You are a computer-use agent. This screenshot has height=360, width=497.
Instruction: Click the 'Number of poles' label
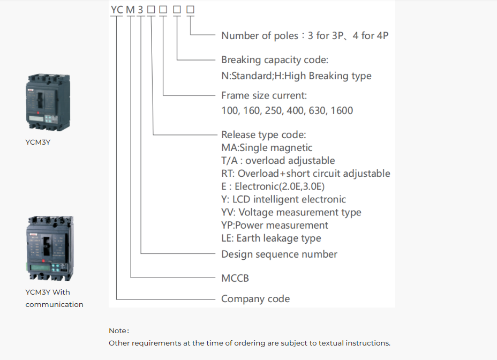click(x=260, y=36)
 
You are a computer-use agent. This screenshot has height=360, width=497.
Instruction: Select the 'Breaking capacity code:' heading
click(x=275, y=60)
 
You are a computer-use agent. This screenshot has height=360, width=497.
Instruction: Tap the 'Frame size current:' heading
click(x=263, y=95)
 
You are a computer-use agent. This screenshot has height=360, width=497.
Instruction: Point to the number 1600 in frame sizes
click(x=342, y=111)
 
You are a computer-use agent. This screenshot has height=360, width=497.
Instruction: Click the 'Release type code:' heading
click(x=263, y=135)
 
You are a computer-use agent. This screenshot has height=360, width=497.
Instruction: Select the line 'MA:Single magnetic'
click(x=267, y=148)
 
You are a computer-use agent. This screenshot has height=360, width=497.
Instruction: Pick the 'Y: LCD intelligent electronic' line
click(x=283, y=199)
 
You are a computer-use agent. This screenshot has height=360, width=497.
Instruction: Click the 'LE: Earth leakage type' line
click(x=271, y=238)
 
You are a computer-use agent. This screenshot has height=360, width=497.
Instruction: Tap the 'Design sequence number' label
click(x=279, y=254)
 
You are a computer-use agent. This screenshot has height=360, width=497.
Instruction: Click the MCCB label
click(x=235, y=278)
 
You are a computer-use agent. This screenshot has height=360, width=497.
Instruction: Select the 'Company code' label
click(x=255, y=299)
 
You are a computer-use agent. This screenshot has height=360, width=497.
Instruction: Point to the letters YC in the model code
click(x=117, y=10)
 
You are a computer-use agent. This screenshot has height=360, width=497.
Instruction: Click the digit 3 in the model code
click(x=140, y=10)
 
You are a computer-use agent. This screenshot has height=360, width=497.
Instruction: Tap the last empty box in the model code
click(x=190, y=10)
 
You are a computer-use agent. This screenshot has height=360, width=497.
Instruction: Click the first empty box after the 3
click(x=151, y=10)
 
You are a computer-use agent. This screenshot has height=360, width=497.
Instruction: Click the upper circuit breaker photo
click(x=48, y=102)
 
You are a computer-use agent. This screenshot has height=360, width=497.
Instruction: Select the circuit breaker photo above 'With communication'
click(x=50, y=249)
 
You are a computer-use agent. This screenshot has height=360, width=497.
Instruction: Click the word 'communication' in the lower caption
click(x=54, y=304)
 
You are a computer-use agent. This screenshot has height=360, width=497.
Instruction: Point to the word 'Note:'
click(x=119, y=331)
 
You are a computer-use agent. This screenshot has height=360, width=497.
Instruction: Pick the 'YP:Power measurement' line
click(x=275, y=225)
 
